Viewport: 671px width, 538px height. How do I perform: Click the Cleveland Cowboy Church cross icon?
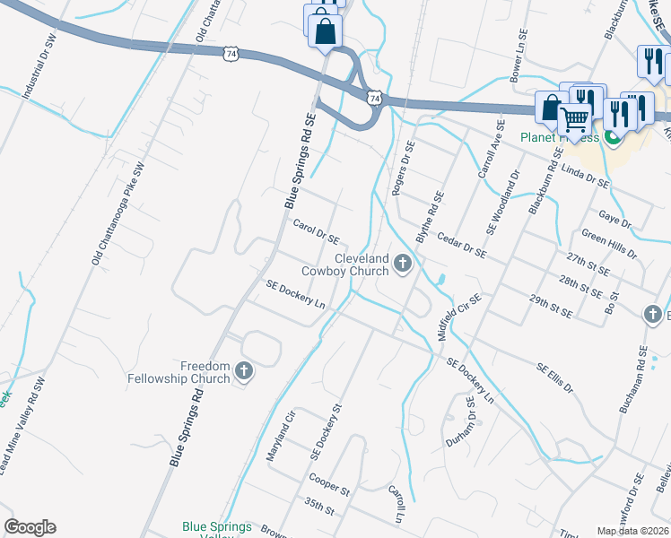click(x=403, y=264)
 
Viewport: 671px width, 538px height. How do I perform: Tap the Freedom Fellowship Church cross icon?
click(x=244, y=371)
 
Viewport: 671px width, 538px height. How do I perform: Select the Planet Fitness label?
click(x=559, y=137)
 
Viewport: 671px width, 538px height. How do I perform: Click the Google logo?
click(x=30, y=527)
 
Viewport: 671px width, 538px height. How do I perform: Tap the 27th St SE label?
click(x=588, y=262)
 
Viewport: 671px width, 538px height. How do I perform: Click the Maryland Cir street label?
click(x=281, y=436)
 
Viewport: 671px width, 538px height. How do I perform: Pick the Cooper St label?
click(x=328, y=485)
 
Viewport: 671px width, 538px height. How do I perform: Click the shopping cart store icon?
click(x=574, y=118)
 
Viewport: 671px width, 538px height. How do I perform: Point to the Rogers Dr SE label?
click(x=401, y=168)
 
